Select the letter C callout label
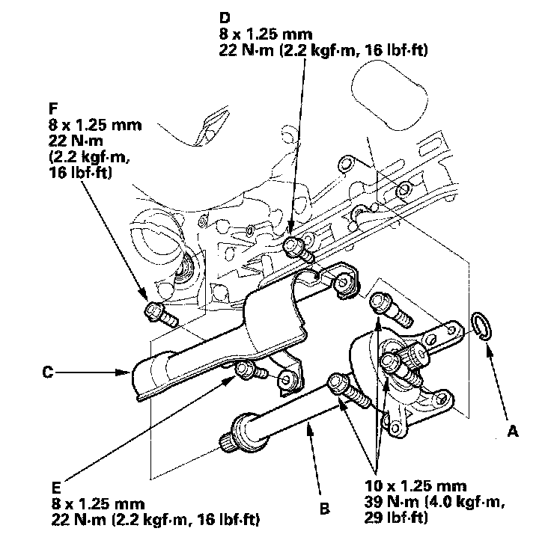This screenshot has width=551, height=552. click(48, 370)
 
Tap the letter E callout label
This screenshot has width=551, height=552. click(57, 482)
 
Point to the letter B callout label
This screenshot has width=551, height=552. click(324, 511)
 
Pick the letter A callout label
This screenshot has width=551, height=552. click(513, 430)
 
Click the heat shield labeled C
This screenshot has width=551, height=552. click(225, 337)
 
